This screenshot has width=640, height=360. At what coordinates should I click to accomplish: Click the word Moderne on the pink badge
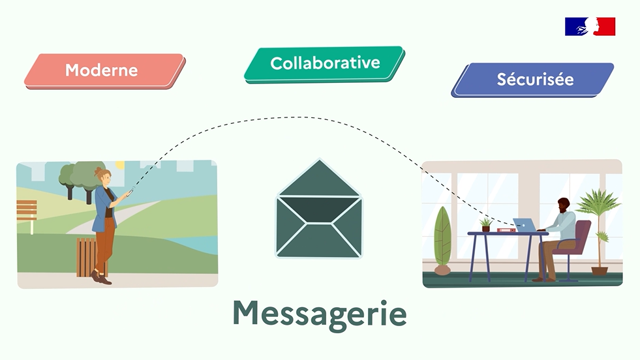101,70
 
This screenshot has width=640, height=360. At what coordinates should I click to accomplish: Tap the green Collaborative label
325,63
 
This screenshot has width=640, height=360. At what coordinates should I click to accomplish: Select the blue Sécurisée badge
535,80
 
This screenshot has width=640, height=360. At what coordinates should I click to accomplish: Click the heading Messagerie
320,314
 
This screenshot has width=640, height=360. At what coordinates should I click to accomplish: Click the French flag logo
590,27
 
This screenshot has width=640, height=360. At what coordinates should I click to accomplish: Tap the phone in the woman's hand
130,192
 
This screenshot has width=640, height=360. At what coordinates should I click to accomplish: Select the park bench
27,211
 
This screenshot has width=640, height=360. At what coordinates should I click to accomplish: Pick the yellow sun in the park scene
119,165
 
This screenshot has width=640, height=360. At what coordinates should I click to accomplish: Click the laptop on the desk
523,225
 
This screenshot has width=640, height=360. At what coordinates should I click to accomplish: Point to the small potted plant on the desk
485,225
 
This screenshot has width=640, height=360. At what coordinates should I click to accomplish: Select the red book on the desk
506,230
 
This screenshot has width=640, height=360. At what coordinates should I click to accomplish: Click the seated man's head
563,204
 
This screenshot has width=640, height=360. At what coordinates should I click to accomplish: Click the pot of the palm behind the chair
600,270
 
